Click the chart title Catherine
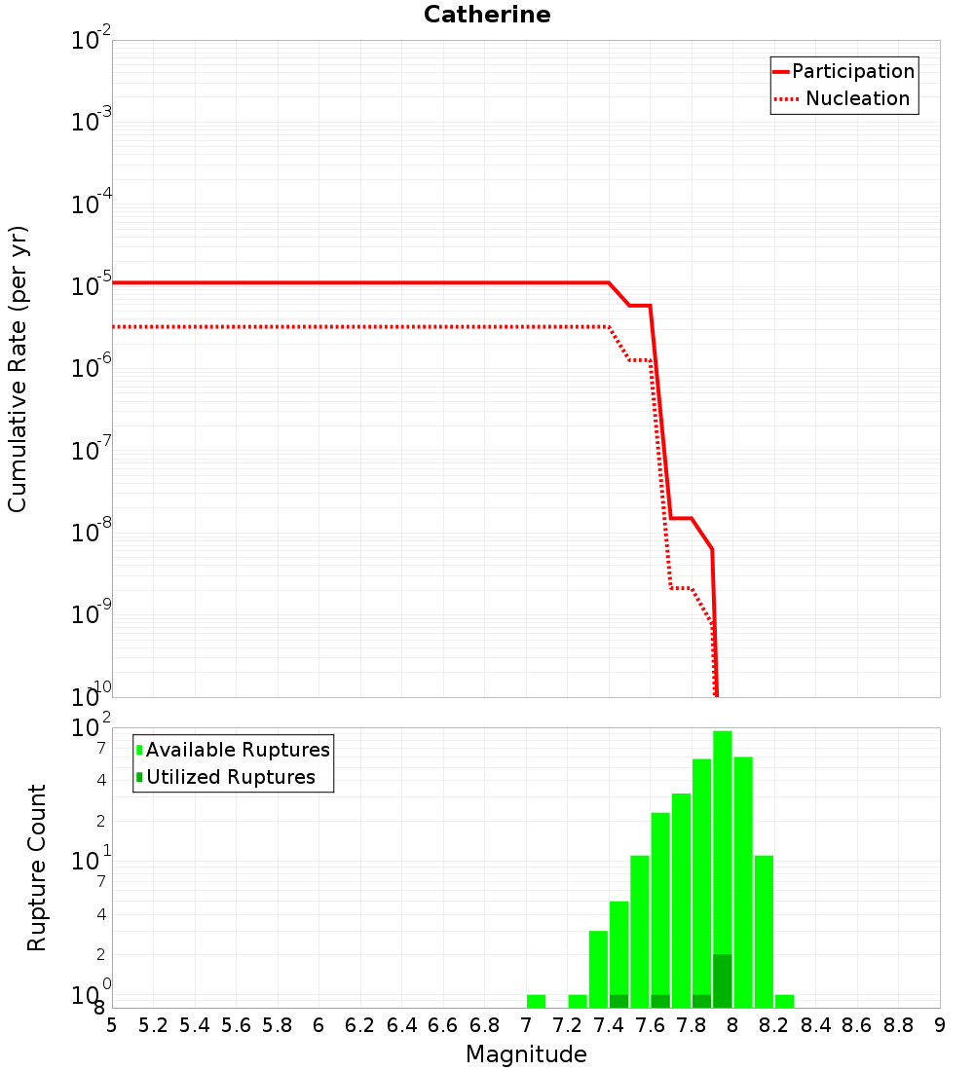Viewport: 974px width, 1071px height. (487, 16)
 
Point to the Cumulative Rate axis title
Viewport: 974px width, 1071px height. (18, 368)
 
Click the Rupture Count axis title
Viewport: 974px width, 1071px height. (37, 868)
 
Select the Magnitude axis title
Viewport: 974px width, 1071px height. (526, 1054)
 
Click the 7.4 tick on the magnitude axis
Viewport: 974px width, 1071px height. (608, 1025)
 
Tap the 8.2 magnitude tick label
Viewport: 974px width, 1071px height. (773, 1025)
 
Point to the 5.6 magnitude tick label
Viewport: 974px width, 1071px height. (236, 1025)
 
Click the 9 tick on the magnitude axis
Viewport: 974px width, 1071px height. (939, 1025)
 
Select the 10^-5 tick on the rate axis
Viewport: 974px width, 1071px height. (92, 284)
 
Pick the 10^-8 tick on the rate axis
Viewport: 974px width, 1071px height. (92, 532)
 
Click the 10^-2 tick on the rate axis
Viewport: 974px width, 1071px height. (92, 41)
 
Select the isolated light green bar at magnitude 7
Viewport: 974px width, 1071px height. (536, 1001)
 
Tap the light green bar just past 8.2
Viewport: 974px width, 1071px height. (784, 1001)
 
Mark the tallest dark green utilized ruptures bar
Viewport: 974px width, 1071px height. (722, 980)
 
